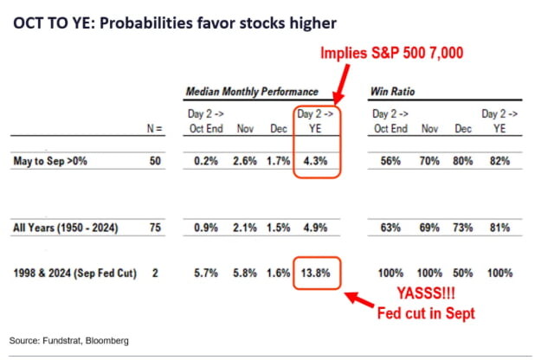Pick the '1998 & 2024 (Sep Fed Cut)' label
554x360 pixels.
pos(73,272)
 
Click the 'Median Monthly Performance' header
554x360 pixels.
pos(252,91)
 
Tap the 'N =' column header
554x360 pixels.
pos(155,129)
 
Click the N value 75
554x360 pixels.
pos(156,228)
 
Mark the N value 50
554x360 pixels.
pos(156,160)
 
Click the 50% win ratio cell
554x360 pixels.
pos(462,272)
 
